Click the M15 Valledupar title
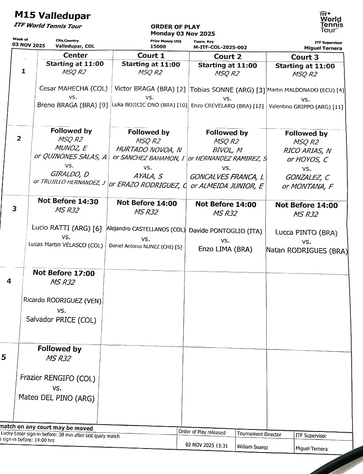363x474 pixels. coord(53,16)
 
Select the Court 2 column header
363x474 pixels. coord(227,57)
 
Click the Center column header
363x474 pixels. coord(75,55)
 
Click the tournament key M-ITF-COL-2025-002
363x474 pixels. coord(220,47)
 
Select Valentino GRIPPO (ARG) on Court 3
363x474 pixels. coord(306,107)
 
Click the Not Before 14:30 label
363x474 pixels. coord(68,201)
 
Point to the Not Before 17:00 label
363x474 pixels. coord(64,273)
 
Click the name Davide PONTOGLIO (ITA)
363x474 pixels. coord(225,231)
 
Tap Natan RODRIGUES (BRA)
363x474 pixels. coord(306,251)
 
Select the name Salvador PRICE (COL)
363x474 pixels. coord(61,320)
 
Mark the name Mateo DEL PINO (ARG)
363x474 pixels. coord(57,398)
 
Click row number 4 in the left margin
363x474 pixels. coord(9,281)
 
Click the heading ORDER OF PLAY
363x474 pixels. coord(175,27)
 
